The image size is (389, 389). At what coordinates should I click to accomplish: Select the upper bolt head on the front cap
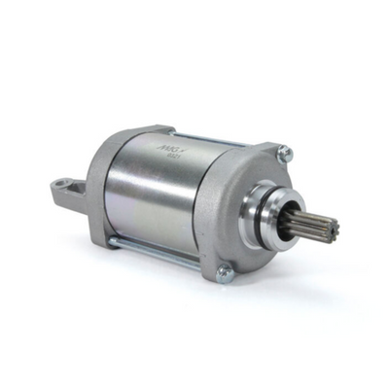pos(284,153)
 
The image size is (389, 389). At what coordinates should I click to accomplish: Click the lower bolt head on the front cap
pos(224,273)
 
